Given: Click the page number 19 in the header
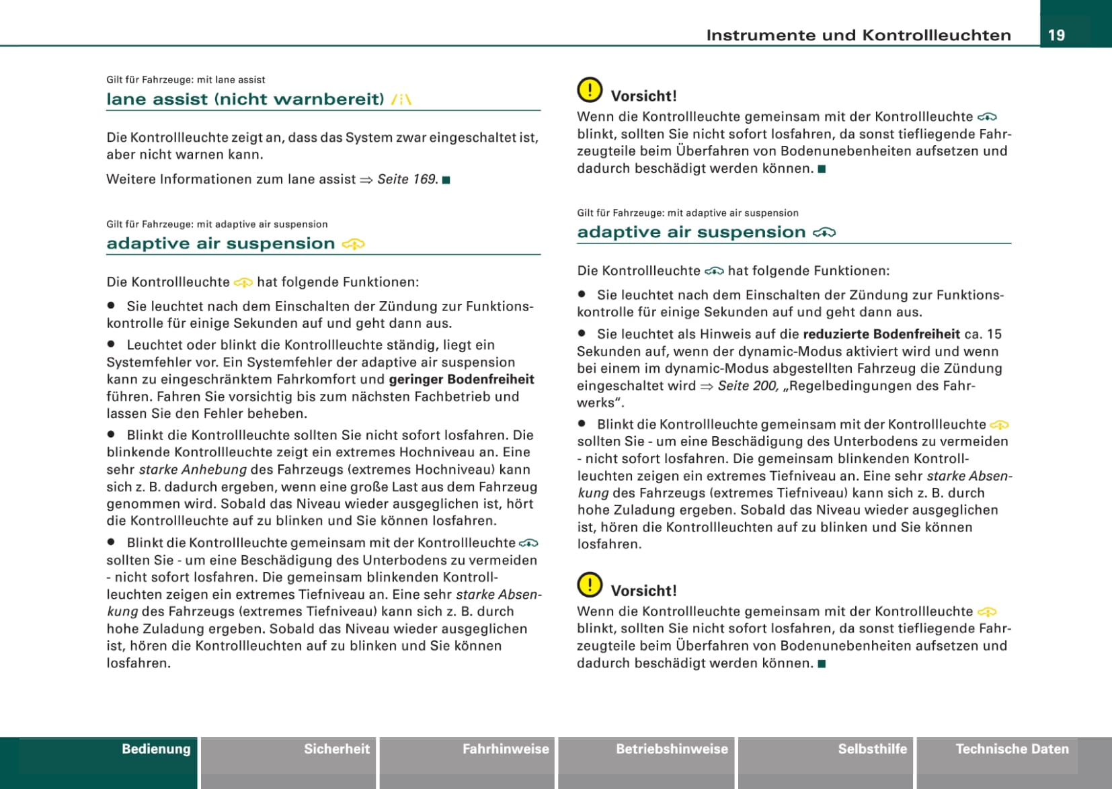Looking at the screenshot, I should pos(1056,35).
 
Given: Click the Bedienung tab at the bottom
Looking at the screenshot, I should pos(155,749).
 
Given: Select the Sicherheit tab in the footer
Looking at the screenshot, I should pos(336,749).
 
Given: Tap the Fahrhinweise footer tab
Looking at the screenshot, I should pos(506,749).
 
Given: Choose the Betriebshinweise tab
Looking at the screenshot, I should pos(672,749).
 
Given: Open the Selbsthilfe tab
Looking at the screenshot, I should pos(872,749).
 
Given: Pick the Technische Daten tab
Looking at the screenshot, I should pos(1012,749).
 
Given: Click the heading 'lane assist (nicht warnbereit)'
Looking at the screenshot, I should pos(245,99).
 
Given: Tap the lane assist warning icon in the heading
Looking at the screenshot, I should pos(401,99).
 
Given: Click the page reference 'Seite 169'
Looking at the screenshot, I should pos(407,179).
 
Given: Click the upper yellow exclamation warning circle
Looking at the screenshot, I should pos(590,90).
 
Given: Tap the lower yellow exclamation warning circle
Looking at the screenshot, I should pos(590,585).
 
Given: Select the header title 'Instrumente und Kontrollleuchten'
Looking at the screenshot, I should pos(858,36).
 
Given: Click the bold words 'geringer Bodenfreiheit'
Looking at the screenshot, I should pos(461,380).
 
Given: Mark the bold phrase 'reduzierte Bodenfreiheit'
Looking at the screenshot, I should pos(881,335).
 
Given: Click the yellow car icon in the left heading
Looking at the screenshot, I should pos(354,245).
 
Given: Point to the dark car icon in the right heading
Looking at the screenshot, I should pos(824,233).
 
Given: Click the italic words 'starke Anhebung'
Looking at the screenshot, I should pos(193,470).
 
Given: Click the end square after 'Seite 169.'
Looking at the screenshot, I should pos(446,180).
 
